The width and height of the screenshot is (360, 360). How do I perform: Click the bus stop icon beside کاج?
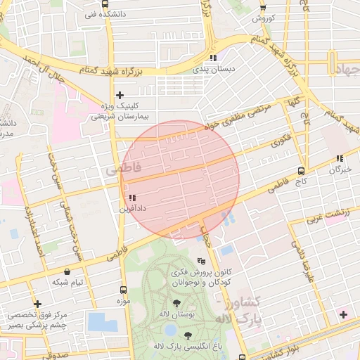(301, 171)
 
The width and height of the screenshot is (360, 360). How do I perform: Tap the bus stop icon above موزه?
(124, 290)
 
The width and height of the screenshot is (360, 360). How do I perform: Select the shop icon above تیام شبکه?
(67, 271)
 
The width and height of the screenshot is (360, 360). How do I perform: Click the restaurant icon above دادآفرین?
(131, 198)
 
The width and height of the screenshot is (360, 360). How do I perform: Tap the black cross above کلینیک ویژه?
(120, 95)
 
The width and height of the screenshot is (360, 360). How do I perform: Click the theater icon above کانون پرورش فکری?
(202, 260)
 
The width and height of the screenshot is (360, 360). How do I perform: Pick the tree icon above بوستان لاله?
(176, 303)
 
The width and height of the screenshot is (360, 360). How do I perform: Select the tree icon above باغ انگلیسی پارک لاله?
(188, 335)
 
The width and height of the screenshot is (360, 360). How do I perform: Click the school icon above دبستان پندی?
(213, 58)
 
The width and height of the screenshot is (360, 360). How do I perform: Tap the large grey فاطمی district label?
(122, 169)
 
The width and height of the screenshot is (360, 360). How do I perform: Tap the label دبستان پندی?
(216, 70)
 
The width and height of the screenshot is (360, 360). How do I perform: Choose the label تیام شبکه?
(67, 282)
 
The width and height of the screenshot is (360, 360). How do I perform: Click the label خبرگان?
(340, 169)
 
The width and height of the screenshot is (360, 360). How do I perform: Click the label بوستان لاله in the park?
(173, 313)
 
